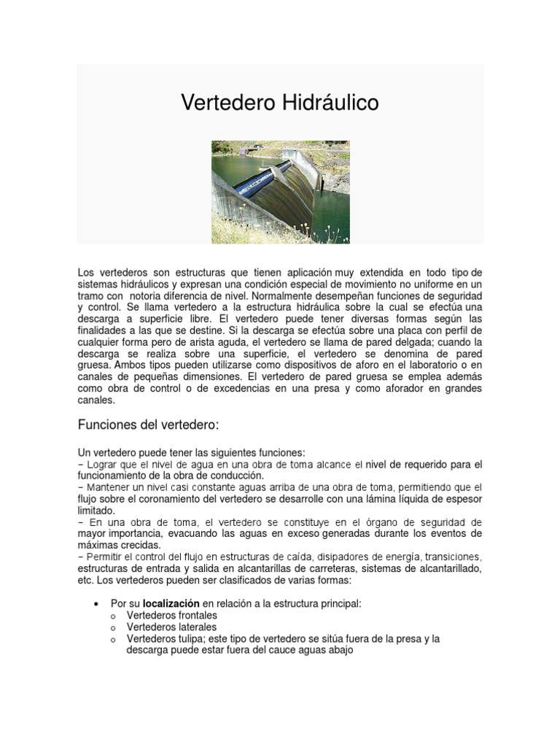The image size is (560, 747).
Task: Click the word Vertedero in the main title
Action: tap(227, 103)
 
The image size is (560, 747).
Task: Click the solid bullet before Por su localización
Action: tap(97, 604)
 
